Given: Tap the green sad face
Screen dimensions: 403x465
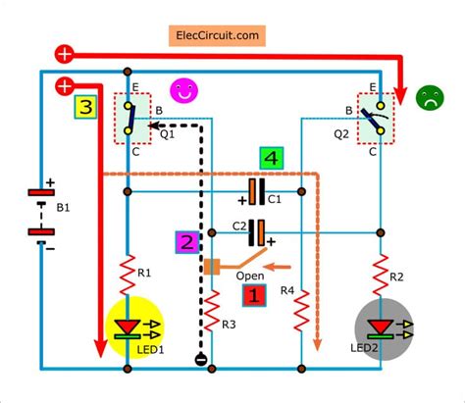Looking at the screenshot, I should click(x=429, y=96).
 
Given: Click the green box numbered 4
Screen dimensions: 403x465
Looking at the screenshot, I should click(x=273, y=158).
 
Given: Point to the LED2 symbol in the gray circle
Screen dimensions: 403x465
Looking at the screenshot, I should click(x=379, y=327).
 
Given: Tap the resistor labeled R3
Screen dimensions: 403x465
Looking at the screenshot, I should click(x=208, y=313).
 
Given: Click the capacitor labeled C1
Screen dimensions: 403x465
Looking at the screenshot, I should click(x=258, y=190).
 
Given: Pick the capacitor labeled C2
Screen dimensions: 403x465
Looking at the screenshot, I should click(x=257, y=232).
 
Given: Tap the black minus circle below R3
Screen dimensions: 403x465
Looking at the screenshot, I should click(x=199, y=359).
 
